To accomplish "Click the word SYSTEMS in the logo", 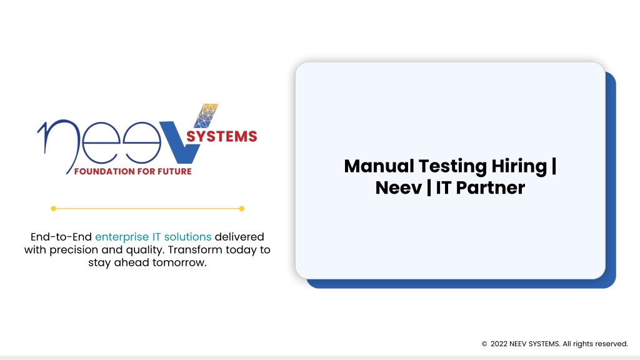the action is coord(222,136).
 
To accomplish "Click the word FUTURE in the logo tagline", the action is coord(175,171).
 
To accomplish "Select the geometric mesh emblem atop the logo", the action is coord(206,116).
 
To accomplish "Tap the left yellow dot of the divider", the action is coord(54,209).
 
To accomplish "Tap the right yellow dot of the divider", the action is coord(242,209).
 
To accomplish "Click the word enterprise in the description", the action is coord(122,237).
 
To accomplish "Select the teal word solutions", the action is coord(187,237).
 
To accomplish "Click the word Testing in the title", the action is coord(453,167).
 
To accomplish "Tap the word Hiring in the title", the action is coord(519,167).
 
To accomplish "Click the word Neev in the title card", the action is coord(399,188).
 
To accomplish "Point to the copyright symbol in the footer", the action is coord(484,344).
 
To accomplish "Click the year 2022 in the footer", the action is coord(499,344).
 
